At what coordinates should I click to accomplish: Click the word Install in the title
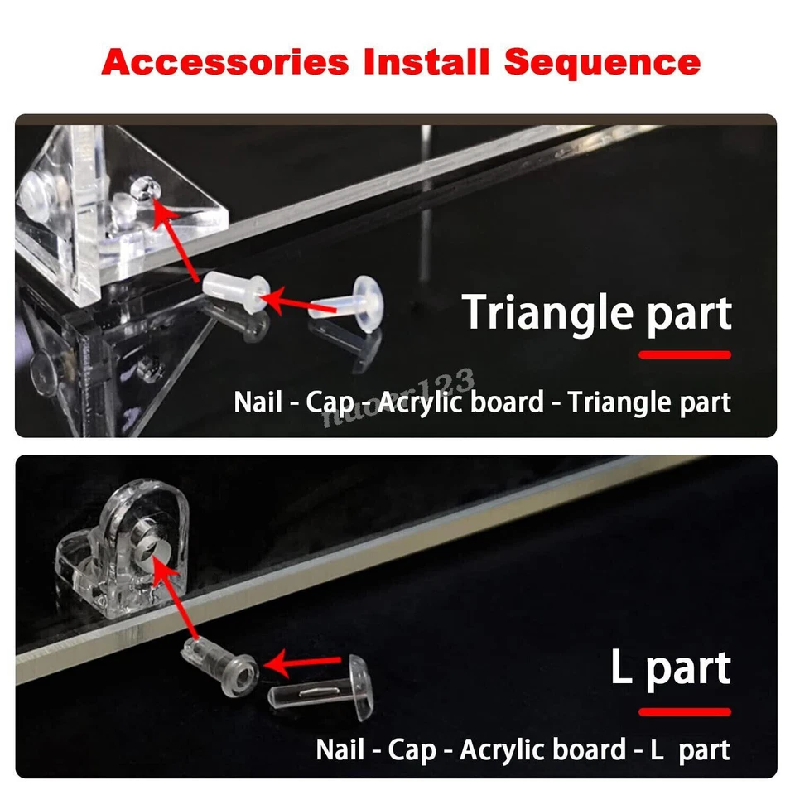[x=426, y=62]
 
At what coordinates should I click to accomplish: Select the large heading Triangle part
[x=596, y=312]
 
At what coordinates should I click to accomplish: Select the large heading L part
[x=671, y=667]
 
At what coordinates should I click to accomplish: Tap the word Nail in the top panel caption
[x=258, y=402]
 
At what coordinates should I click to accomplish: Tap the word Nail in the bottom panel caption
[x=340, y=750]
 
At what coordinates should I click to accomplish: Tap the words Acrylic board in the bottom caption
[x=542, y=750]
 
